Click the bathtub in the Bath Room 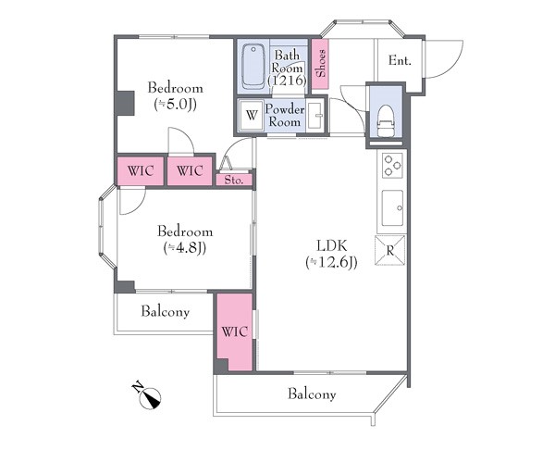pyautogui.click(x=253, y=67)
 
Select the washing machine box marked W pyautogui.click(x=252, y=115)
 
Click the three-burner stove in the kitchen pyautogui.click(x=392, y=166)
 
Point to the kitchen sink pyautogui.click(x=392, y=207)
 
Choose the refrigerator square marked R pyautogui.click(x=390, y=250)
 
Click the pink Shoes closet pyautogui.click(x=321, y=64)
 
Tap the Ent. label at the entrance pyautogui.click(x=400, y=60)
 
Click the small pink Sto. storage pyautogui.click(x=234, y=180)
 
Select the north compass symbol pyautogui.click(x=148, y=396)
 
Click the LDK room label pyautogui.click(x=331, y=245)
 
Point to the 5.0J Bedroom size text pyautogui.click(x=175, y=105)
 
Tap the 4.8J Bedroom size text pyautogui.click(x=185, y=248)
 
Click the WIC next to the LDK pyautogui.click(x=234, y=332)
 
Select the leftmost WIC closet pyautogui.click(x=141, y=171)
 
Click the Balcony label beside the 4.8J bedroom pyautogui.click(x=165, y=311)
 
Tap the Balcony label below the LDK pyautogui.click(x=312, y=394)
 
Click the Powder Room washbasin pyautogui.click(x=315, y=115)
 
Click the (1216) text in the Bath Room pyautogui.click(x=287, y=81)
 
